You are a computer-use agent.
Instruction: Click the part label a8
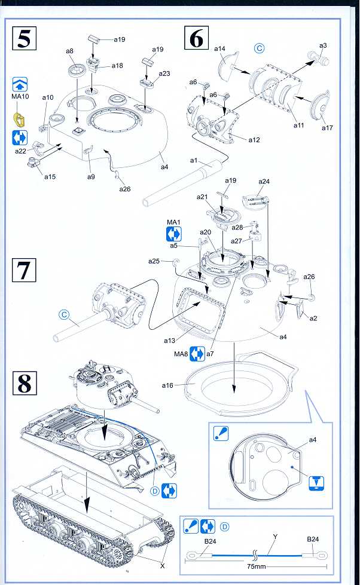[x=70, y=52]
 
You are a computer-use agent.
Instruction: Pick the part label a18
[x=117, y=66]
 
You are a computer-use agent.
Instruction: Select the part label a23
[x=164, y=73]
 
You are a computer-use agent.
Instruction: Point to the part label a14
[x=219, y=48]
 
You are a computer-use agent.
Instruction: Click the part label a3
[x=323, y=45]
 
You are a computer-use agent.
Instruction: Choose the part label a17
[x=327, y=128]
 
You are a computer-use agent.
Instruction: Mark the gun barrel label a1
[x=194, y=160]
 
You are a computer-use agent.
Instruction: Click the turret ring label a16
[x=167, y=385]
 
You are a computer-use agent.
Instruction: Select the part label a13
[x=170, y=341]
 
